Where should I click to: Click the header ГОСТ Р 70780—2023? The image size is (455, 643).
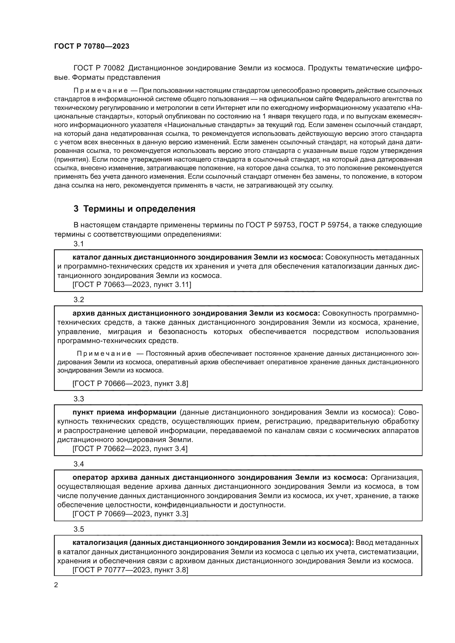click(x=92, y=46)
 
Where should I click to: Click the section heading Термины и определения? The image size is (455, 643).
click(x=135, y=209)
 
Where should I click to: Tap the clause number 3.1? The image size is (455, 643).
click(x=79, y=244)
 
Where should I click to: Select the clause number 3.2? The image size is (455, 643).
click(x=79, y=300)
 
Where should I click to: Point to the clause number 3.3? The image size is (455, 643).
click(x=79, y=399)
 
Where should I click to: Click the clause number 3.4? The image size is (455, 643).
click(x=79, y=464)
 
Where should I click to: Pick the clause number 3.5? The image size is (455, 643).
click(x=79, y=529)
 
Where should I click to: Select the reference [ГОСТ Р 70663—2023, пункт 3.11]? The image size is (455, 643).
click(x=132, y=285)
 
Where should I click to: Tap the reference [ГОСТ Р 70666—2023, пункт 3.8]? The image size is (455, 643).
click(x=130, y=383)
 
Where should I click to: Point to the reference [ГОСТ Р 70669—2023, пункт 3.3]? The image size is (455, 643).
click(x=130, y=514)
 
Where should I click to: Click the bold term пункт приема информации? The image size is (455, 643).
click(x=124, y=412)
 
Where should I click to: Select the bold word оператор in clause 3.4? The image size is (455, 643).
click(x=90, y=477)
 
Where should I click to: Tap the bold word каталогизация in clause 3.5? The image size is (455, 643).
click(x=100, y=542)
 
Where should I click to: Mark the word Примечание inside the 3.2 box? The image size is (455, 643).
click(x=104, y=354)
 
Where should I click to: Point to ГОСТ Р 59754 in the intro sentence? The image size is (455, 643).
click(x=324, y=225)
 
